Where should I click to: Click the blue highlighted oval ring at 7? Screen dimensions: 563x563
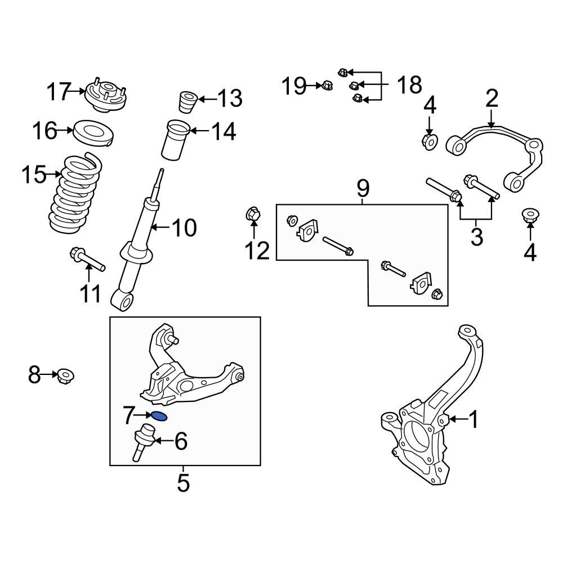pos(159,417)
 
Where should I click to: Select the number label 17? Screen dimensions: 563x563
pos(59,91)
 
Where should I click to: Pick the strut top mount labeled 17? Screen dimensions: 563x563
pos(105,96)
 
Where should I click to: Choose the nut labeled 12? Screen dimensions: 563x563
pos(253,215)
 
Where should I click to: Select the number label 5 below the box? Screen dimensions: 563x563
pos(184,482)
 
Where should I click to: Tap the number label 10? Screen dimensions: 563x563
pos(184,228)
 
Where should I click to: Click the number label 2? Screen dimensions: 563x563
pos(491,99)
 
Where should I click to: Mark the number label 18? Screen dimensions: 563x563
pos(409,86)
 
